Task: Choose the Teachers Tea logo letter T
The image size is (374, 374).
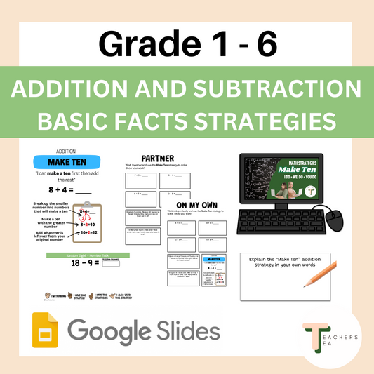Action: pyautogui.click(x=313, y=334)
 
